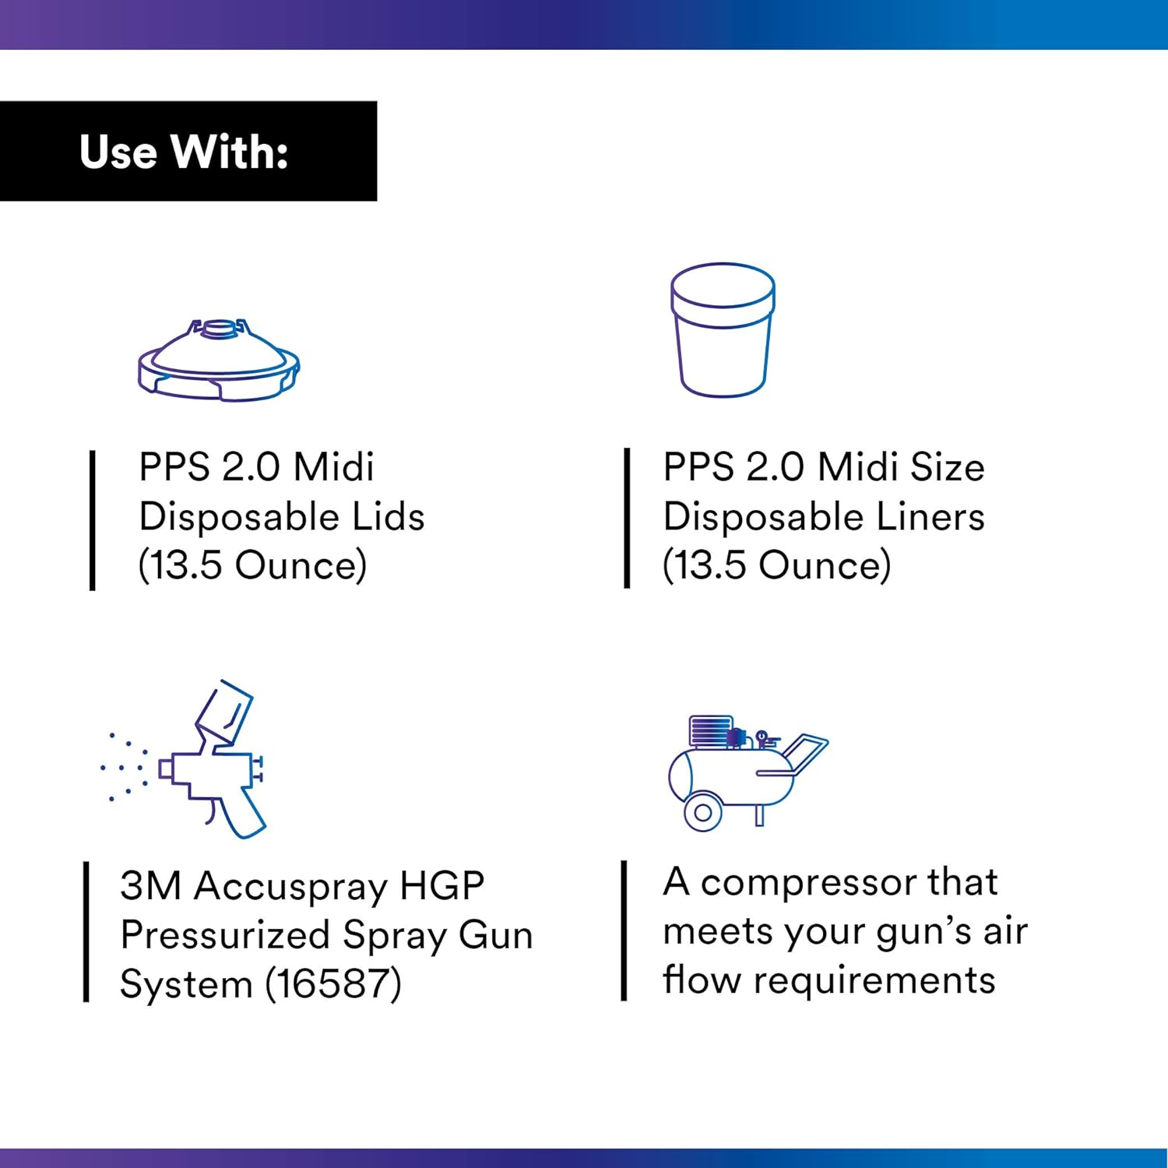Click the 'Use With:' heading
pyautogui.click(x=184, y=151)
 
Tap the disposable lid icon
pyautogui.click(x=219, y=362)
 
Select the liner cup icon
pyautogui.click(x=723, y=329)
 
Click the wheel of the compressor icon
pyautogui.click(x=702, y=813)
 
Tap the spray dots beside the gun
pyautogui.click(x=124, y=767)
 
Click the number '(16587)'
pyautogui.click(x=333, y=983)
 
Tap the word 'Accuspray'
pyautogui.click(x=290, y=886)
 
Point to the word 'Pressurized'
pyautogui.click(x=225, y=934)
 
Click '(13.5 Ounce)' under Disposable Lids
pyautogui.click(x=252, y=565)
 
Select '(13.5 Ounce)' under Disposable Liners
pyautogui.click(x=776, y=565)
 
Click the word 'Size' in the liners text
pyautogui.click(x=947, y=467)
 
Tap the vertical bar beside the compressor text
pyautogui.click(x=624, y=931)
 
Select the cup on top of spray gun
pyautogui.click(x=224, y=712)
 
